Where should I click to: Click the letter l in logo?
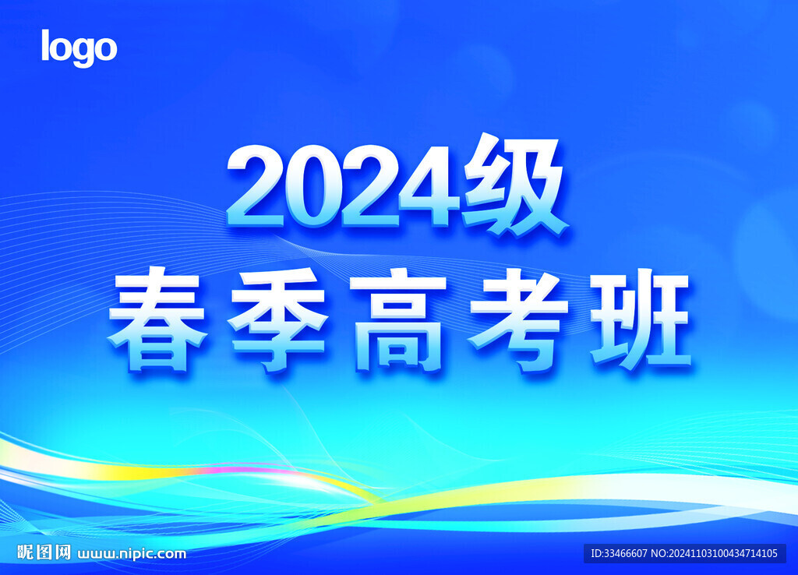[44, 45]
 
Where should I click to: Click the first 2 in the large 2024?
[255, 185]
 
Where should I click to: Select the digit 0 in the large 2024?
[313, 185]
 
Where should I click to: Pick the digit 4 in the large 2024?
[429, 185]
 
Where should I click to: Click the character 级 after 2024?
[514, 184]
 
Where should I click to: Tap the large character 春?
[157, 320]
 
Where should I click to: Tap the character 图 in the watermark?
[44, 552]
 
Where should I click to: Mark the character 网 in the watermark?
[62, 552]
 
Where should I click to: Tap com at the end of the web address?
[171, 554]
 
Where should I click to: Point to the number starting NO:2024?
[714, 554]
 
